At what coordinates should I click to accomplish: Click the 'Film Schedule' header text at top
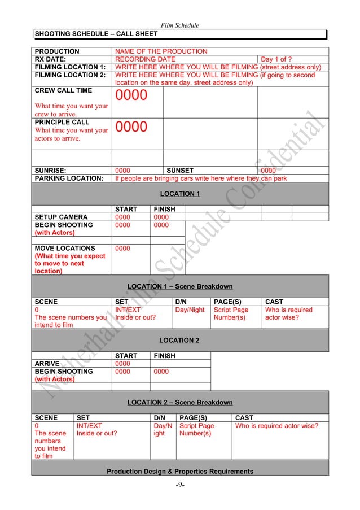180,25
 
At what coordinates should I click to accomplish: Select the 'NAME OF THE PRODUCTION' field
161,51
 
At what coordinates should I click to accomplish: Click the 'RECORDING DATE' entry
145,59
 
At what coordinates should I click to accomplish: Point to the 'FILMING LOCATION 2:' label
70,75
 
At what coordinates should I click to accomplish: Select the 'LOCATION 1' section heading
180,194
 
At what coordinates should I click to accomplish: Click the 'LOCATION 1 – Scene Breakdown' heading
180,286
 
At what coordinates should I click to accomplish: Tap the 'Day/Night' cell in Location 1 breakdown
190,310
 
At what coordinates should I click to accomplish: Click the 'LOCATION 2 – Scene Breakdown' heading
180,402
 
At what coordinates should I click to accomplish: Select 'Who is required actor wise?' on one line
276,426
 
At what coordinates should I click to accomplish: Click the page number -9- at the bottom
180,483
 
